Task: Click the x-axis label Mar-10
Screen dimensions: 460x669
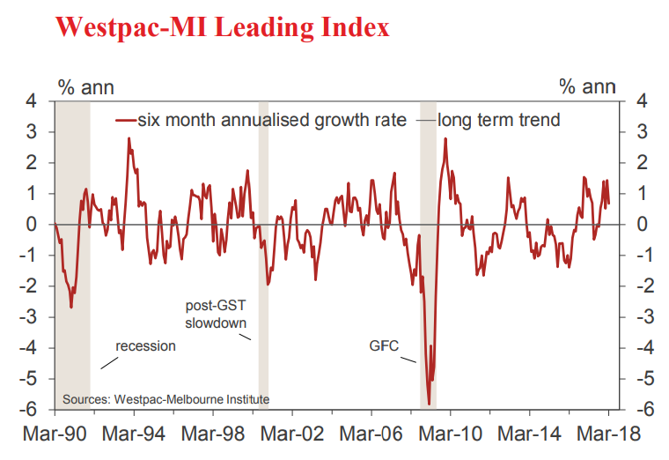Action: tap(450, 434)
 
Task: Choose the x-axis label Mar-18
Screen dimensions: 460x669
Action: tap(607, 434)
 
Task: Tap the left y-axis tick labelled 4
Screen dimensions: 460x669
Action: tap(33, 101)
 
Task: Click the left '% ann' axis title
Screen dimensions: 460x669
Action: tap(85, 86)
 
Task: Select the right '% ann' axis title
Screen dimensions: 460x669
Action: tap(587, 86)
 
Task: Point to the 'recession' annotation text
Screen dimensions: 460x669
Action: tap(145, 345)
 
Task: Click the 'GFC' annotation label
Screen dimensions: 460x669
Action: tap(384, 345)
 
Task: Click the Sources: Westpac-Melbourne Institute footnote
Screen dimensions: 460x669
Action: tap(165, 399)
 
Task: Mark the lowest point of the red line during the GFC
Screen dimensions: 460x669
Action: tap(429, 404)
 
